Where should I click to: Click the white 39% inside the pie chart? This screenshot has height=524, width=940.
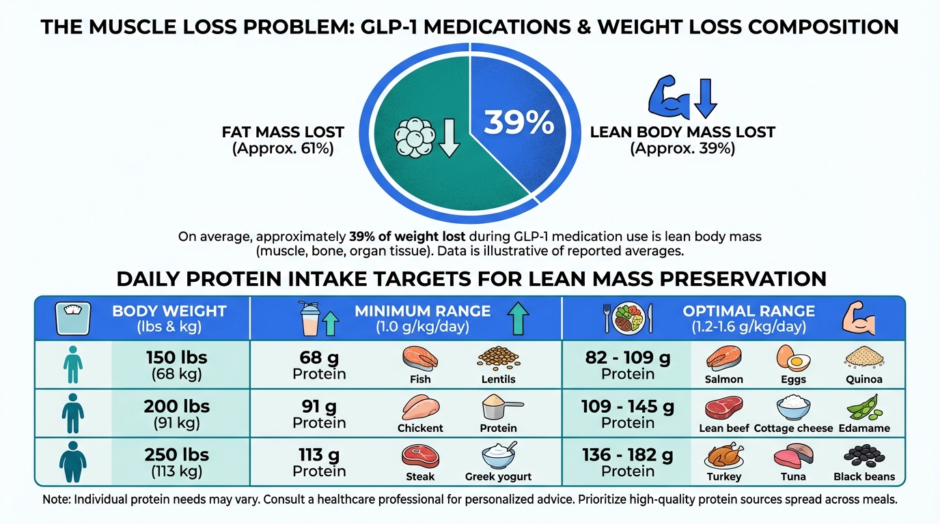tap(519, 123)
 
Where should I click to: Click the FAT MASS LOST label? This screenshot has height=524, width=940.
tap(283, 132)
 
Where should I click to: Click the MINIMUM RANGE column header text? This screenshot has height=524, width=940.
tap(422, 311)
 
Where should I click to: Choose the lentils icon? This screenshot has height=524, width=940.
tap(498, 358)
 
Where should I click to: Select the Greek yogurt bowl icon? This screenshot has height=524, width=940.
tap(498, 456)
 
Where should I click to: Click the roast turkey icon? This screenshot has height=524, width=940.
tap(723, 455)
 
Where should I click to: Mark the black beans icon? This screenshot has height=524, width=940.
tap(864, 455)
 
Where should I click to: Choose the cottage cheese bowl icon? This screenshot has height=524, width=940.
tap(793, 407)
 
